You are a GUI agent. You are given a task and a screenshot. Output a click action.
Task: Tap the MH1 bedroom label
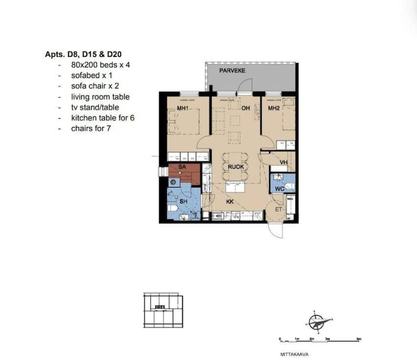click(x=175, y=109)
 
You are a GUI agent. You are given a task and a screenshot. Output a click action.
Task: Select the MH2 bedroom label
click(x=273, y=109)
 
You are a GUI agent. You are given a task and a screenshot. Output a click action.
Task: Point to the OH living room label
click(x=245, y=109)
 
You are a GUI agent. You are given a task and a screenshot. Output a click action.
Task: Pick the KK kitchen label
click(x=230, y=201)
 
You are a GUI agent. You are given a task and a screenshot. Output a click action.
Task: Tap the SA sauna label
click(x=182, y=167)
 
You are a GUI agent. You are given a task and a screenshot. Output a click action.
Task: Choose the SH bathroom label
click(x=184, y=201)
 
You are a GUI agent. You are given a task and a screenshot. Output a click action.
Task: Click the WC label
click(x=280, y=189)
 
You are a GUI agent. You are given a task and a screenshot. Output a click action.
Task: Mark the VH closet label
click(x=283, y=162)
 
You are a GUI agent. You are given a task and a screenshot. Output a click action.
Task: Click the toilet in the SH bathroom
click(x=173, y=209)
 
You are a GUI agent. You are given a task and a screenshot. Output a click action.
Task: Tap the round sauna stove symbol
click(x=172, y=182)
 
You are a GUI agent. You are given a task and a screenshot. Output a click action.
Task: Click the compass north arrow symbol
click(x=316, y=321)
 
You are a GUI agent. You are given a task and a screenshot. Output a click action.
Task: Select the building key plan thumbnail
click(x=163, y=310)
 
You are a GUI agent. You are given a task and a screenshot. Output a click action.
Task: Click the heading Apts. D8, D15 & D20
click(x=84, y=54)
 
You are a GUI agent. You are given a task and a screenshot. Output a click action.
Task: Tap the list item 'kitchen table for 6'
click(x=103, y=118)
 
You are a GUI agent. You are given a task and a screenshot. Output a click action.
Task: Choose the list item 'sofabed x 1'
click(x=92, y=75)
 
